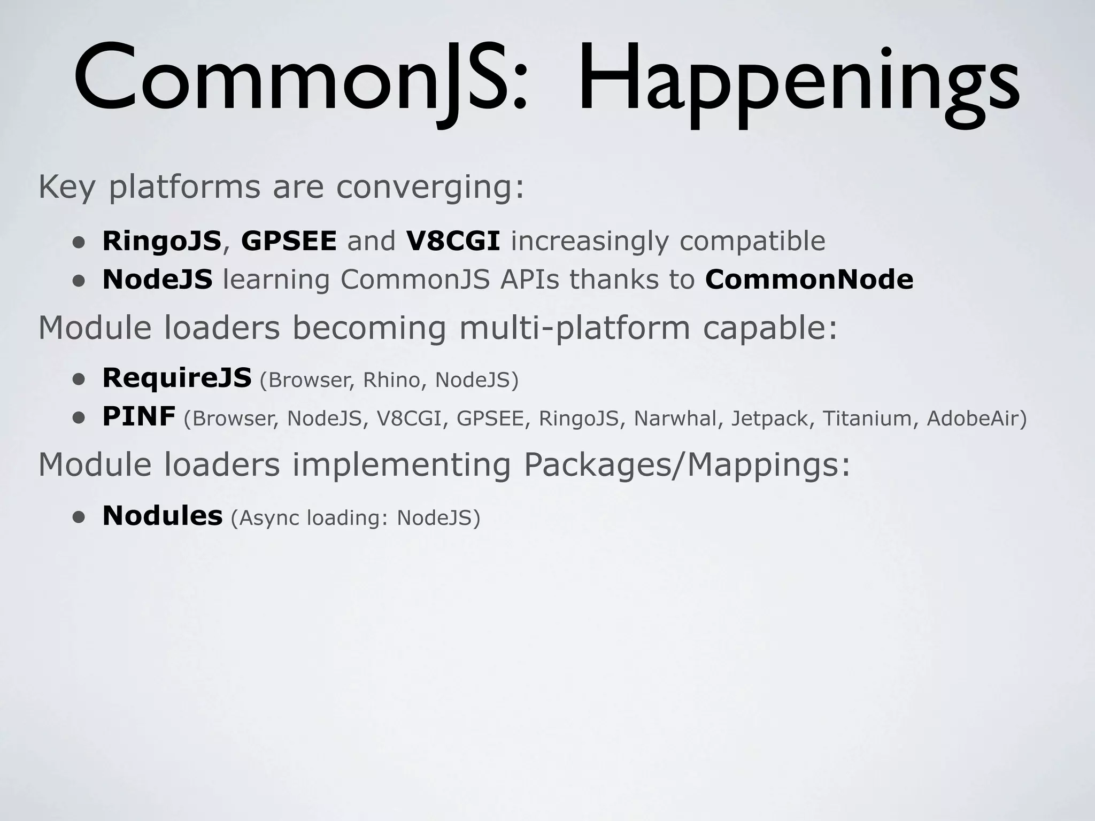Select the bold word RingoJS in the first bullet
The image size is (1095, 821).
click(x=161, y=241)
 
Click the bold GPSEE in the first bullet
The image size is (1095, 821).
click(x=289, y=241)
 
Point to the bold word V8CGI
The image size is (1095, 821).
click(x=453, y=241)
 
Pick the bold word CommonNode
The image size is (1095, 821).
click(x=809, y=280)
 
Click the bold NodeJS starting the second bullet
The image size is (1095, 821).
click(x=157, y=280)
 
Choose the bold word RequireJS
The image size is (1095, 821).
click(x=176, y=378)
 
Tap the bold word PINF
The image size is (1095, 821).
click(x=138, y=416)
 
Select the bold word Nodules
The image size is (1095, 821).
click(x=162, y=516)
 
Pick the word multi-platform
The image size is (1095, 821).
click(x=575, y=328)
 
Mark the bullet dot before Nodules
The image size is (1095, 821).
click(x=79, y=517)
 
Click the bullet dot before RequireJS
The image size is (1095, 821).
click(x=79, y=379)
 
